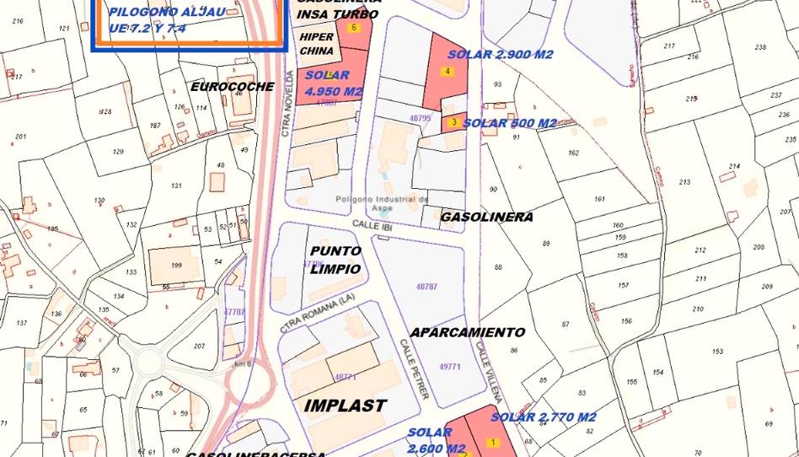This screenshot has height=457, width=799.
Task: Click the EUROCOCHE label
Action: pos(232,87)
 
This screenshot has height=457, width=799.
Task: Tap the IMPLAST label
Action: pos(345,406)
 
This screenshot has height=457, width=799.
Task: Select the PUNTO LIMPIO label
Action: pos(335,260)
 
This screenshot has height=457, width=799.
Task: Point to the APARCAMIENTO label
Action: pos(468,332)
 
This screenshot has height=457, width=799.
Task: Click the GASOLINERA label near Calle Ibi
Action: pos(486,217)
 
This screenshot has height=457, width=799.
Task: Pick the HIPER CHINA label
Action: pos(316,44)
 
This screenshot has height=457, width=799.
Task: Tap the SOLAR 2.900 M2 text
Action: pos(500,54)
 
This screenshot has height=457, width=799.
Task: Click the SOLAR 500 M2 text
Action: pos(510,123)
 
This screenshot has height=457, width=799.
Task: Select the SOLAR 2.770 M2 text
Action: pos(544,417)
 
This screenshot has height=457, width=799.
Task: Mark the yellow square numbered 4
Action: pos(448,71)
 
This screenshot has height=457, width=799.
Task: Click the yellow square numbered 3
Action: pos(454,122)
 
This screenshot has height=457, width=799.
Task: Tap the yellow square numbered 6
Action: pos(353,28)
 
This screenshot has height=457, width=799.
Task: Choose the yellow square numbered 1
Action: pos(492,442)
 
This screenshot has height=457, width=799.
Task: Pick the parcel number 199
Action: pos(176,266)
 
